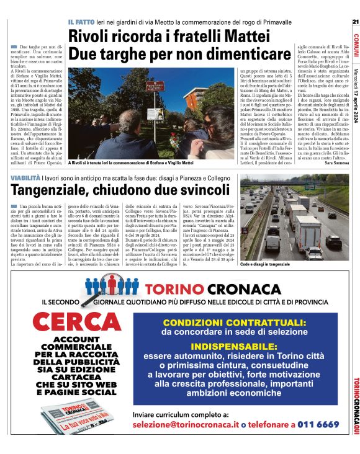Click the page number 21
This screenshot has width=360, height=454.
click(355, 22)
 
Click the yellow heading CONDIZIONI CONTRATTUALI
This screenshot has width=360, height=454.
click(235, 323)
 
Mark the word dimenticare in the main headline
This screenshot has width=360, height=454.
click(187, 54)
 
